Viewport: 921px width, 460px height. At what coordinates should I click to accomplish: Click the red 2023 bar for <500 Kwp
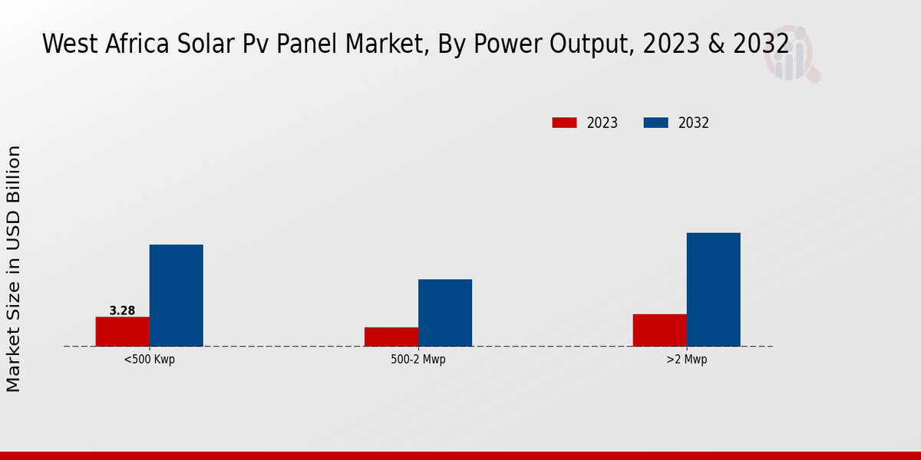click(122, 331)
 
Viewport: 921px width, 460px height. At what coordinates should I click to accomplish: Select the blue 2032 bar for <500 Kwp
click(176, 295)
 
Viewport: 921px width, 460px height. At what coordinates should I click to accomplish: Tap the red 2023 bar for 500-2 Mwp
click(391, 337)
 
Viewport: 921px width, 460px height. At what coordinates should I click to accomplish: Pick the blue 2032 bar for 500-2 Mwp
click(444, 313)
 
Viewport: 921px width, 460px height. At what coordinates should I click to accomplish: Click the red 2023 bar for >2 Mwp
click(659, 330)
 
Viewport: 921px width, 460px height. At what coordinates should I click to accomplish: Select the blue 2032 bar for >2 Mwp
click(713, 289)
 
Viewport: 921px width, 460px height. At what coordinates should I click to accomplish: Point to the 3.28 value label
click(122, 310)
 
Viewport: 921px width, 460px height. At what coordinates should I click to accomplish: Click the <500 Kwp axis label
click(149, 360)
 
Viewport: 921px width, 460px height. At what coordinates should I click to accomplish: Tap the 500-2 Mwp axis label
click(418, 360)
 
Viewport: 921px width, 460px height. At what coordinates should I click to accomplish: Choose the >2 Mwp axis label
click(686, 360)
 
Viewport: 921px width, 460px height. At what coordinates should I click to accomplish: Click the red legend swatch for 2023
click(564, 123)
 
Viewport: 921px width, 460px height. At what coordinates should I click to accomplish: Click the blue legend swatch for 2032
click(655, 123)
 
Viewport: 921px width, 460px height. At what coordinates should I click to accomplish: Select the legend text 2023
click(602, 123)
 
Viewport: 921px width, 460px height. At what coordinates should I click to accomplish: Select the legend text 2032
click(693, 123)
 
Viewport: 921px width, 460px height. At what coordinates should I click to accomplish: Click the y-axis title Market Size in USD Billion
click(14, 268)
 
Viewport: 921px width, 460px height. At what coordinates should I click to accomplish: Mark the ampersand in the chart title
click(717, 44)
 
